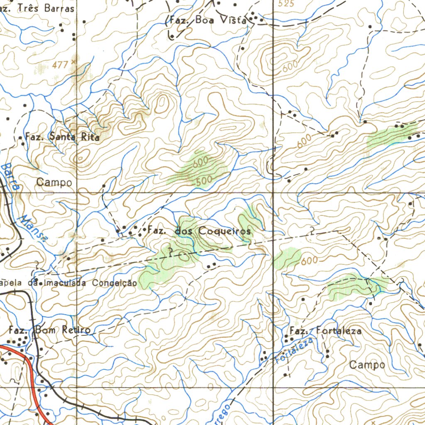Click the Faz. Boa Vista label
tap(208, 20)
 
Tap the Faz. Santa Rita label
tap(62, 136)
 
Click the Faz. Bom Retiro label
tap(49, 330)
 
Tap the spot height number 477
tap(60, 65)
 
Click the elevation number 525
tap(286, 4)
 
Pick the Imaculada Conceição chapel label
tap(68, 283)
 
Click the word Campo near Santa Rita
tap(54, 182)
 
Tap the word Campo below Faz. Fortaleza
tap(367, 365)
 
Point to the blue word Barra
tap(11, 176)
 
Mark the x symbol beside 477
tap(73, 61)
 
